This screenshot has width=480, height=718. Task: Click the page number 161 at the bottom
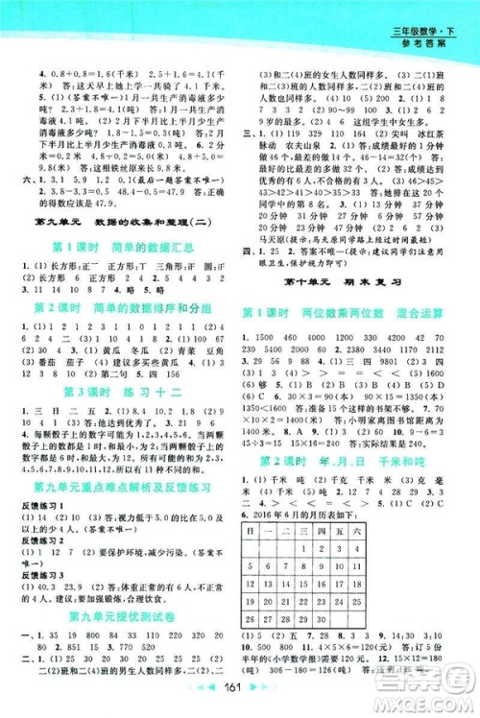pos(241,698)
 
